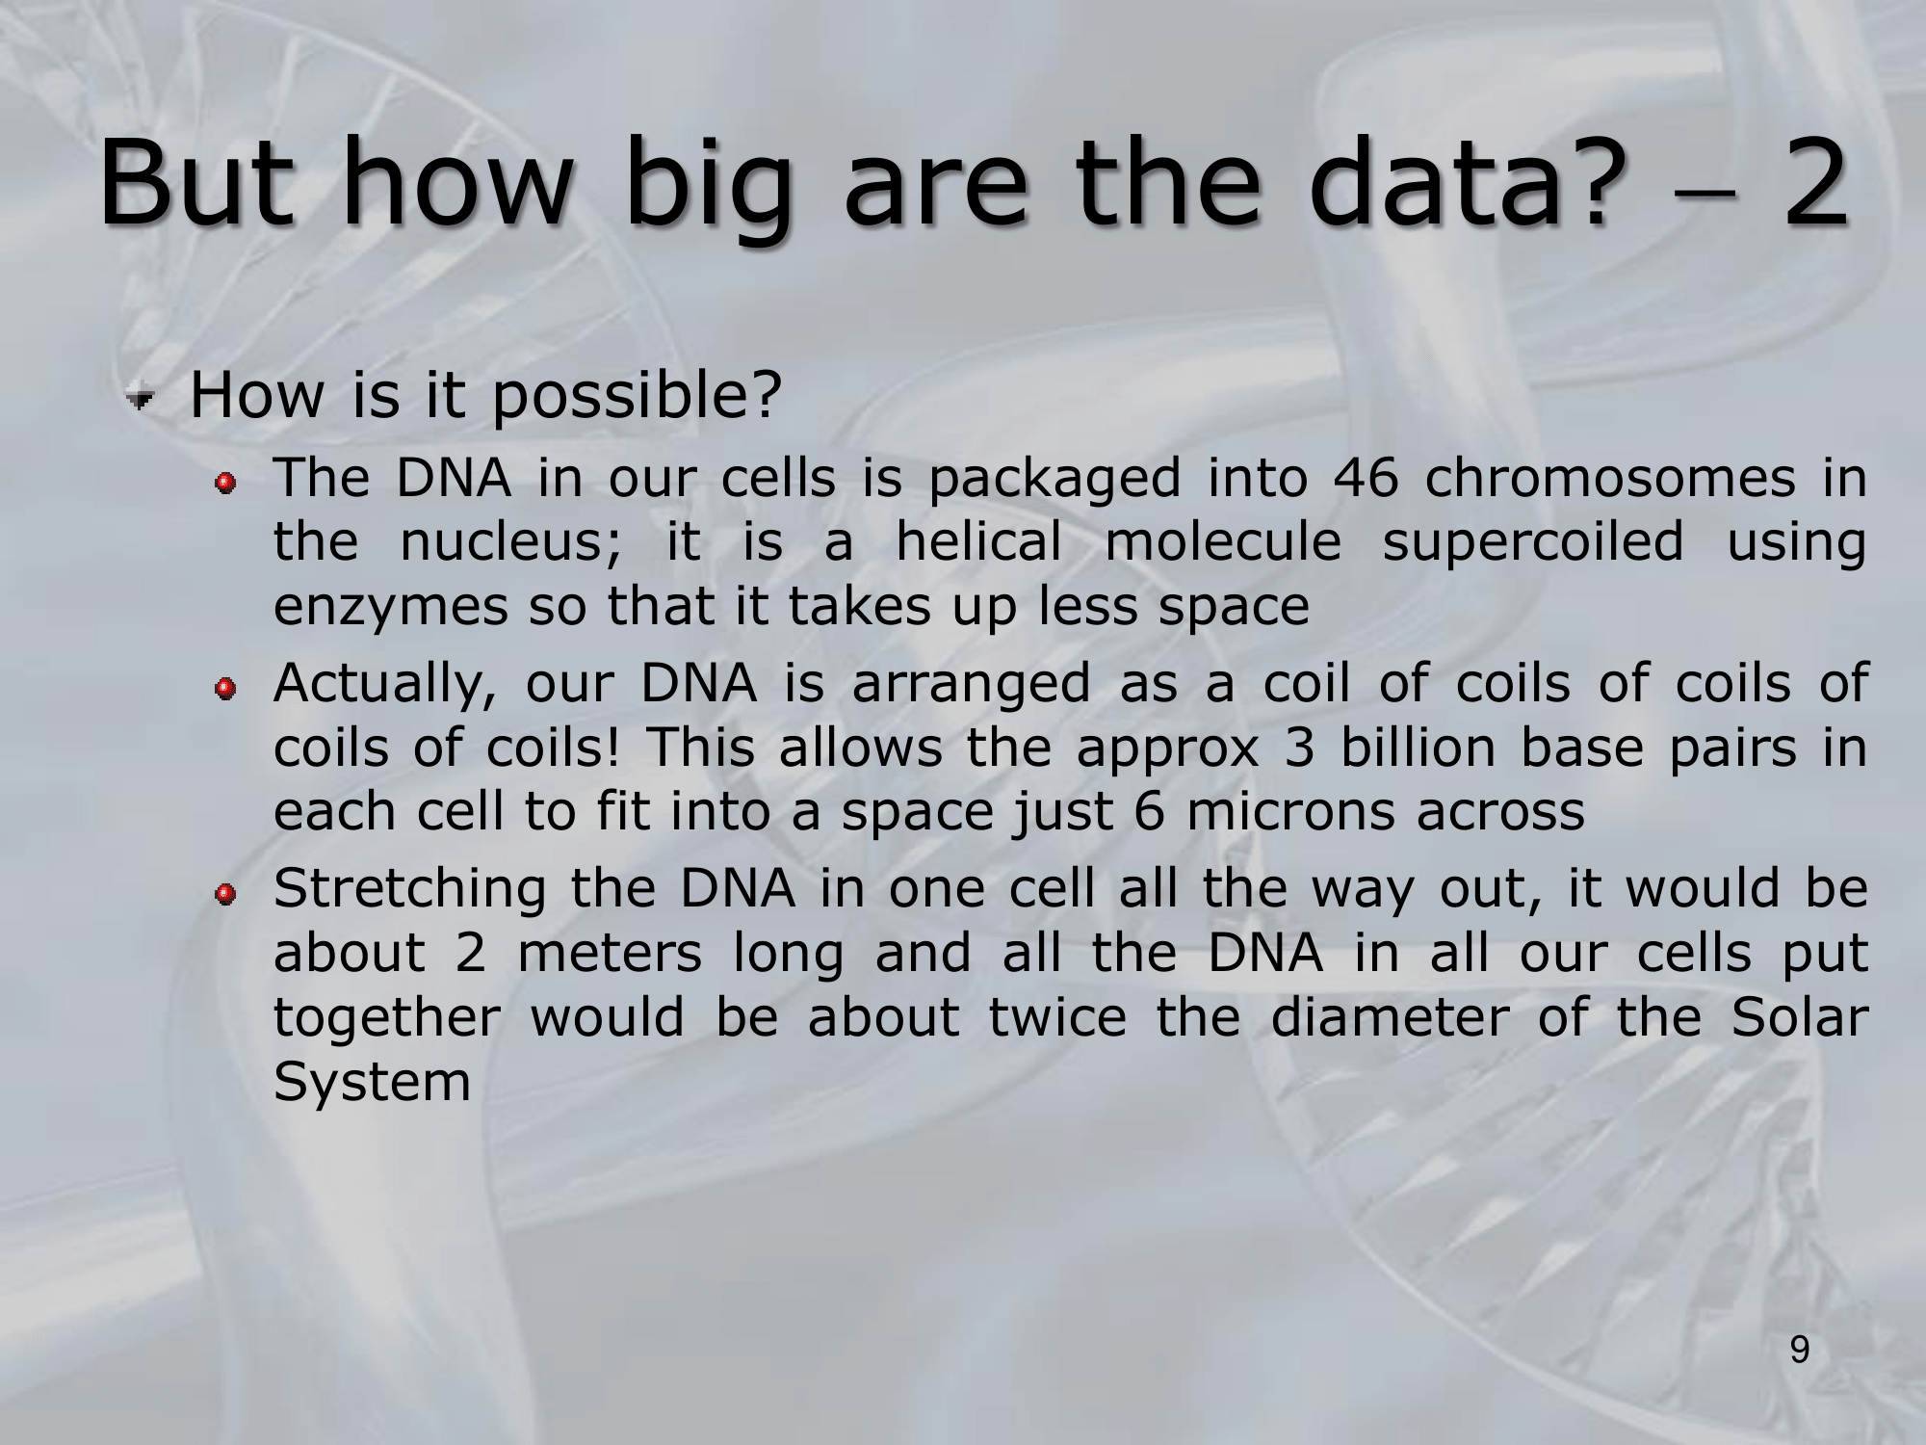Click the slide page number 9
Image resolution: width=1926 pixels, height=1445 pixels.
point(1800,1352)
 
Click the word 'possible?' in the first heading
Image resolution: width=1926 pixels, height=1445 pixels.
point(636,398)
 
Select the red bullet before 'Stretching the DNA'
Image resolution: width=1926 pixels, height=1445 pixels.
point(225,894)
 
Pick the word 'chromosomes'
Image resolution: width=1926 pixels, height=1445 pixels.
point(1610,478)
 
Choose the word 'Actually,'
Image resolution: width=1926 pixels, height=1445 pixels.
point(384,685)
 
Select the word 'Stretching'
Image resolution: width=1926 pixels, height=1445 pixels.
point(410,890)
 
